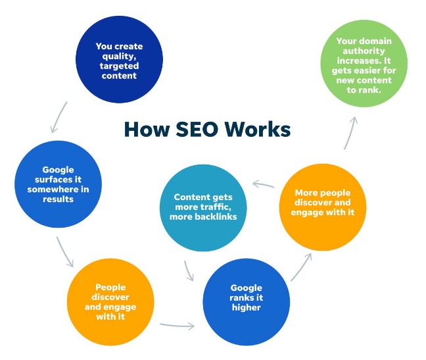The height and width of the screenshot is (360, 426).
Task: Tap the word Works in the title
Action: (x=258, y=130)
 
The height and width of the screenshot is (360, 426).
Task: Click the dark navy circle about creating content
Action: (x=118, y=61)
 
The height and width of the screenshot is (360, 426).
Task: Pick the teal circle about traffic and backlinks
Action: (x=202, y=207)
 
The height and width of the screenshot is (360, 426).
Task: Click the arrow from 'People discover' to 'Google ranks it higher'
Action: (x=177, y=324)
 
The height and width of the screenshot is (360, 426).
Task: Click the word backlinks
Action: (x=221, y=217)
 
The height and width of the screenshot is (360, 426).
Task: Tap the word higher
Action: (x=246, y=307)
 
